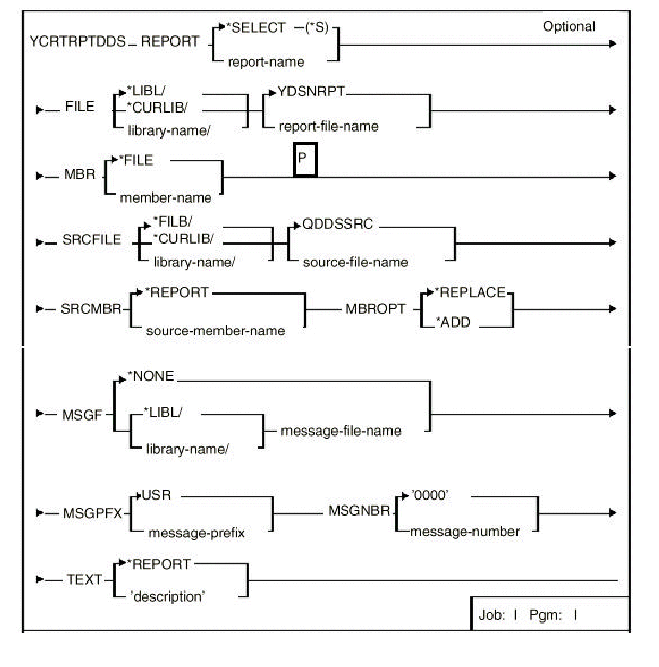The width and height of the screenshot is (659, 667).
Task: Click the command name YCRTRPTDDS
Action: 77,42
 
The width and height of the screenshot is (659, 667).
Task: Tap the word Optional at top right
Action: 569,27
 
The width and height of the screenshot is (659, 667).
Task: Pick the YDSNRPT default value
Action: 311,92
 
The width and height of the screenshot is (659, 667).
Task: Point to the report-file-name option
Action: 328,127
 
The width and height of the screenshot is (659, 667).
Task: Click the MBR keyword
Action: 79,175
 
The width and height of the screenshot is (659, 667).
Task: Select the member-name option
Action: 165,198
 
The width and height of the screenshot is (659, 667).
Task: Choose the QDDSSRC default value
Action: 337,225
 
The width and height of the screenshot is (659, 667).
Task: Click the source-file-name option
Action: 355,263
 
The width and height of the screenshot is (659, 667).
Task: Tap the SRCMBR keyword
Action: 91,309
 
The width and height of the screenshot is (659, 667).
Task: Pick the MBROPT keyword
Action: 375,309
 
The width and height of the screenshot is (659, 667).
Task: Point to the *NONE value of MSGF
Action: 153,376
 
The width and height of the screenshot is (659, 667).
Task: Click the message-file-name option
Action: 341,431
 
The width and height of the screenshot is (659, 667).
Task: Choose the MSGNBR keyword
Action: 359,512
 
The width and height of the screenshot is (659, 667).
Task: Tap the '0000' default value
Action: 430,495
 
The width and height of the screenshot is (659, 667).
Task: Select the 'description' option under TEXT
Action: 167,596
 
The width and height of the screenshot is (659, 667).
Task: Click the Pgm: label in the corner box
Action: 545,615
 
